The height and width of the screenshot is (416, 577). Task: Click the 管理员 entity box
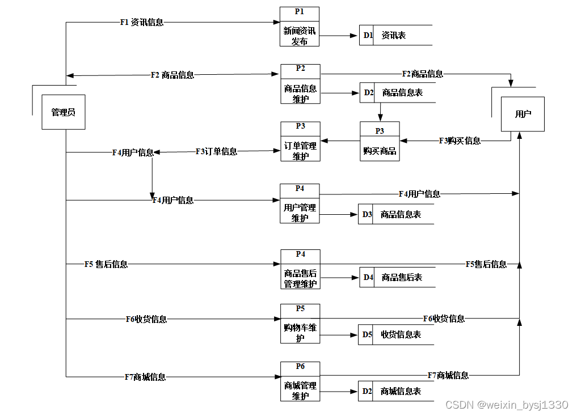coord(64,112)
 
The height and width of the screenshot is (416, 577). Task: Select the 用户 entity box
coord(523,114)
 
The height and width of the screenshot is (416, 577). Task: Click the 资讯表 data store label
coord(394,35)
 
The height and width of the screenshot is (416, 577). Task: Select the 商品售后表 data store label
coord(402,277)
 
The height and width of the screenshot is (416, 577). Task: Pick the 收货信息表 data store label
coord(401,334)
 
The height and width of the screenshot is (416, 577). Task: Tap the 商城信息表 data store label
coord(401,391)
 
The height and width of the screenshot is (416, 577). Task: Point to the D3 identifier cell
coord(367,215)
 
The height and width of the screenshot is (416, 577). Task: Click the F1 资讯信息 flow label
coord(142,23)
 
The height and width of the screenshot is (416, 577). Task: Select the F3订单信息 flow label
coord(216,151)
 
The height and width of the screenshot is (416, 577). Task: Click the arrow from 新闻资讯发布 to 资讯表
coord(339,35)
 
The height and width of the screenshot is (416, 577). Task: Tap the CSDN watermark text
coord(507,405)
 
